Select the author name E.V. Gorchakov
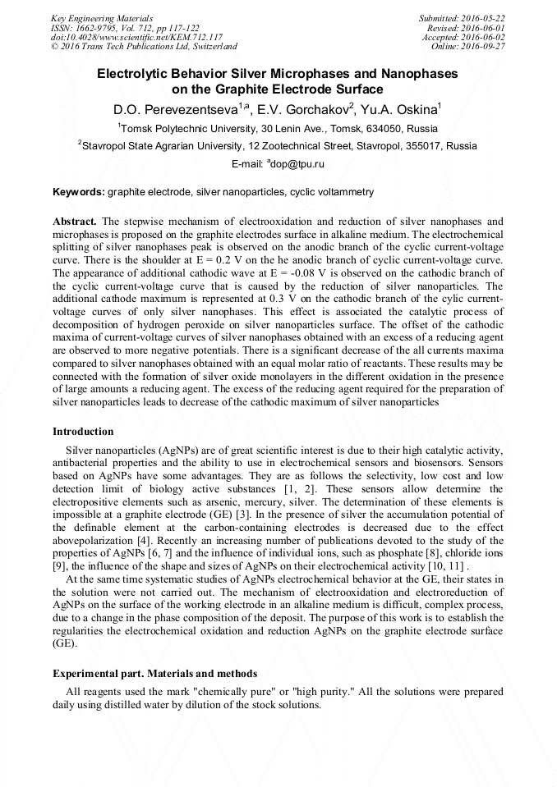point(302,109)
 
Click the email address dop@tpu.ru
point(297,164)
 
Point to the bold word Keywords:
point(78,192)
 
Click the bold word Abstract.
point(75,222)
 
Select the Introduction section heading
point(83,432)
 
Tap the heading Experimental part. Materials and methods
point(154,674)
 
